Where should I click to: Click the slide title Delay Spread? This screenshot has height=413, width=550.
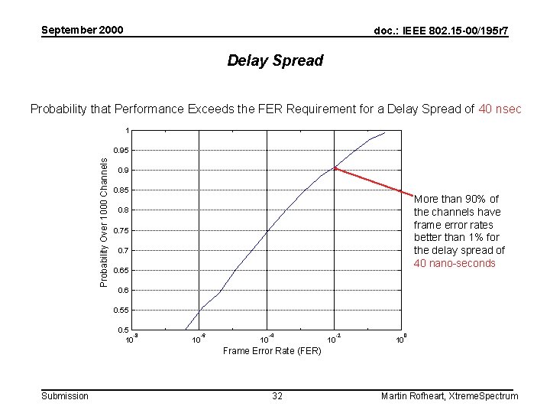275,60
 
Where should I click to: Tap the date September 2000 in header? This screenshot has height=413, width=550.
82,31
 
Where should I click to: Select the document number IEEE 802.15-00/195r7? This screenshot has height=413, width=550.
442,31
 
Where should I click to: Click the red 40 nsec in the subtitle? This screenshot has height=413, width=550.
500,109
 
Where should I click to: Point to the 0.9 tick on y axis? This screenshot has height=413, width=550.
123,170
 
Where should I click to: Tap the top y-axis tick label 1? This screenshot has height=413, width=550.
128,130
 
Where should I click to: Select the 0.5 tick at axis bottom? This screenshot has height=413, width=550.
123,330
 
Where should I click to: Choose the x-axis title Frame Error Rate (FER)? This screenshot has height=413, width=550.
272,351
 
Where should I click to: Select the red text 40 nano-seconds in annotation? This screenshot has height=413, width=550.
455,263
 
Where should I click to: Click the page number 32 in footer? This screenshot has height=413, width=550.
277,395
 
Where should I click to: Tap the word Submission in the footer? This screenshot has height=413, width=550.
64,395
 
